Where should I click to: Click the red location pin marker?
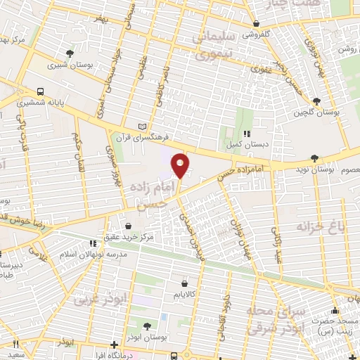[181, 165]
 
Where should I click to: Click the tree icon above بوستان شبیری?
[69, 53]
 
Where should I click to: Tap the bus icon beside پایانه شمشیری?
[39, 91]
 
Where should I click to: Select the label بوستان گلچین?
[318, 112]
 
